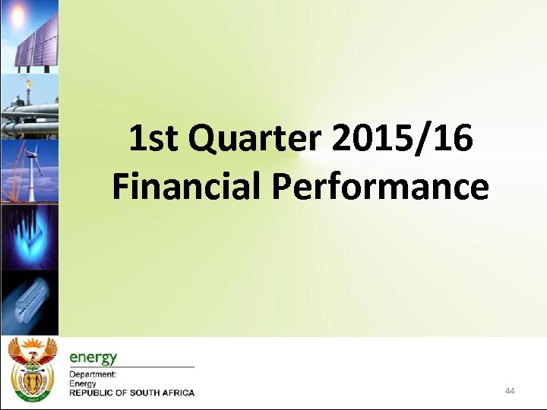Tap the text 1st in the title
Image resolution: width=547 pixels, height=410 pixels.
click(x=153, y=140)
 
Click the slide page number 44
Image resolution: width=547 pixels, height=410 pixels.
click(x=509, y=391)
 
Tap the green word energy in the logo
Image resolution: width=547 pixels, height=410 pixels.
click(x=93, y=357)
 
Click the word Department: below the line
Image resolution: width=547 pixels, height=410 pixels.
click(x=93, y=374)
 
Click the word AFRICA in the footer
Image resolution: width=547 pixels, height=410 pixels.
click(x=177, y=393)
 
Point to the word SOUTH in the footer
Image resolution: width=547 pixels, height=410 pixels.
click(x=142, y=393)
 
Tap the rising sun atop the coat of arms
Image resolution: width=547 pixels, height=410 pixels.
click(x=31, y=346)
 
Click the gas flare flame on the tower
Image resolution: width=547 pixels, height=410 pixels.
click(x=28, y=86)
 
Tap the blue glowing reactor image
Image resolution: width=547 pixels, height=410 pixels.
click(x=28, y=235)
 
